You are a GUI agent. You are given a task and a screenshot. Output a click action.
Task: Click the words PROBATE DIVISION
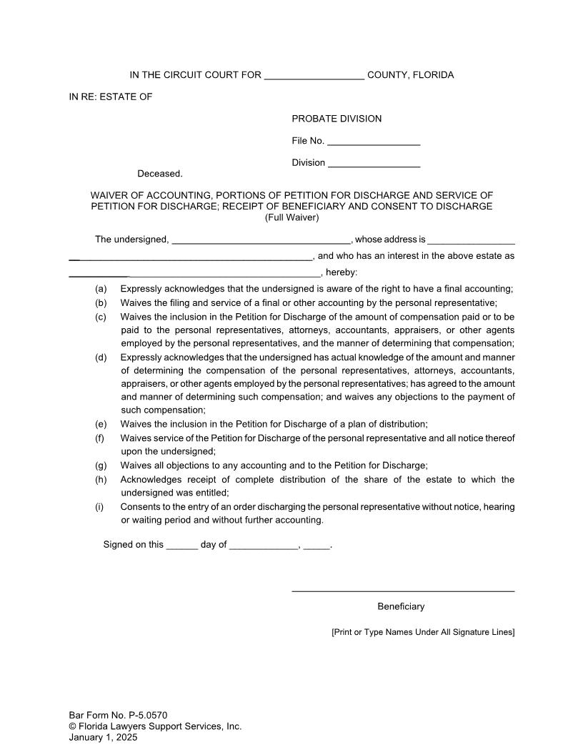(337, 119)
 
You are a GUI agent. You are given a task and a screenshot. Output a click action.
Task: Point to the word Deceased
(160, 174)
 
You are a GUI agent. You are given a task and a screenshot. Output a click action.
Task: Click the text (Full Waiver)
(291, 217)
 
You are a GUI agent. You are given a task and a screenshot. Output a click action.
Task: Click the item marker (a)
(101, 289)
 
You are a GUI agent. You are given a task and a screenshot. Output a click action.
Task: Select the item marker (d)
(101, 357)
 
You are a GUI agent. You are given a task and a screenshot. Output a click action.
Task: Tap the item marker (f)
(101, 438)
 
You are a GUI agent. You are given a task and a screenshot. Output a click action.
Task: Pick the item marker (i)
(100, 506)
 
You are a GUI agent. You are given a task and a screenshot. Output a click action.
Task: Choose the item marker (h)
(101, 479)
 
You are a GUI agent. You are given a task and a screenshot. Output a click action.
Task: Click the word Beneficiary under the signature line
(401, 606)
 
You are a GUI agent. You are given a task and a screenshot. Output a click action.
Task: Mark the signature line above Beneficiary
(403, 591)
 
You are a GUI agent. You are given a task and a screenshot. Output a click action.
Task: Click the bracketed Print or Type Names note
(423, 632)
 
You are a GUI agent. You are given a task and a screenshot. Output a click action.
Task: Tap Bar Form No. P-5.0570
(119, 715)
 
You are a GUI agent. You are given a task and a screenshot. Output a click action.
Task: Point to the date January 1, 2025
(103, 738)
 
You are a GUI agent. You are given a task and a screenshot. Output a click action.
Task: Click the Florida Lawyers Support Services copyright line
(155, 726)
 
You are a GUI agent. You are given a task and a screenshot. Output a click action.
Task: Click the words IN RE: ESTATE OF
(111, 97)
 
